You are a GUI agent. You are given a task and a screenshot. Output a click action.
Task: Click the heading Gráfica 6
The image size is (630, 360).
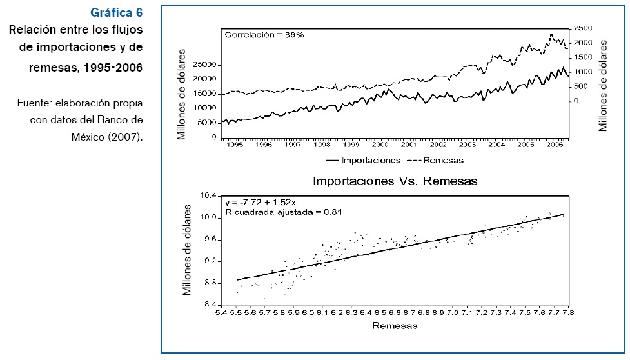(117, 12)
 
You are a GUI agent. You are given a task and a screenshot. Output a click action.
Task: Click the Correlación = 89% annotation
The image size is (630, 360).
(264, 34)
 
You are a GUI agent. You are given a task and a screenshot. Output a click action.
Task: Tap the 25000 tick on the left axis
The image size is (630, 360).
(204, 65)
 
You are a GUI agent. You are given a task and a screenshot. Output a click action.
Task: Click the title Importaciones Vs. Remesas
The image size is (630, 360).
(395, 181)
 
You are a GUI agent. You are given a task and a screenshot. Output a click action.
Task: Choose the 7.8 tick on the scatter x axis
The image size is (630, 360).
(568, 313)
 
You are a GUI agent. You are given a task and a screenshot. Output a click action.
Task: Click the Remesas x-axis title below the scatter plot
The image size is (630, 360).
(395, 326)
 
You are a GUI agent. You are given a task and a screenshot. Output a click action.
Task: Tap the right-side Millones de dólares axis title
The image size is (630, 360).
(604, 85)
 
